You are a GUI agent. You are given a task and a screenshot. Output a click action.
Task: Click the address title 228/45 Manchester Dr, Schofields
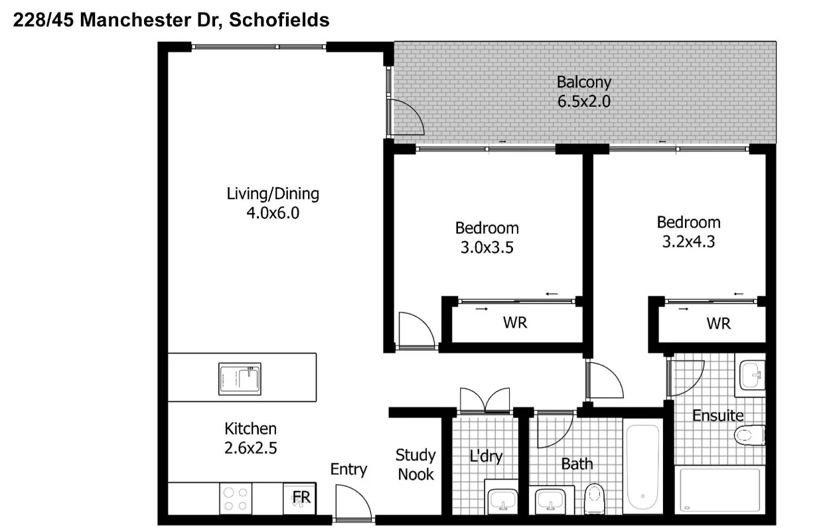click(x=171, y=20)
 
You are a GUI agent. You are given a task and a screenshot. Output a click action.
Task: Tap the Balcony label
click(x=583, y=82)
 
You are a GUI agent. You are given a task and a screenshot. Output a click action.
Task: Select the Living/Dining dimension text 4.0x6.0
click(x=273, y=213)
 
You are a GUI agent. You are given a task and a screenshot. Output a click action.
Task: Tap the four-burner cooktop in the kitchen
click(x=236, y=498)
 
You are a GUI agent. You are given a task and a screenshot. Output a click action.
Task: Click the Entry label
click(x=348, y=470)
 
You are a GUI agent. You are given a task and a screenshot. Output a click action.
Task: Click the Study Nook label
click(x=415, y=464)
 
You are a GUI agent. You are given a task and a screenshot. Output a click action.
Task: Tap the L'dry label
click(x=486, y=456)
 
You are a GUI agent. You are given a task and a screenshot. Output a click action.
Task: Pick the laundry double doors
click(x=485, y=401)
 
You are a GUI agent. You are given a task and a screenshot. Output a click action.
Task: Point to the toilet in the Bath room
click(x=594, y=496)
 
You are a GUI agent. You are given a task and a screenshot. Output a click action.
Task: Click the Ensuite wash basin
click(x=752, y=375)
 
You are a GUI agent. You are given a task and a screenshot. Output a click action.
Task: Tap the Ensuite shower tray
click(x=718, y=490)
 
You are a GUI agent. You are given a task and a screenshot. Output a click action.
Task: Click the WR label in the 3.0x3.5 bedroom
click(x=515, y=323)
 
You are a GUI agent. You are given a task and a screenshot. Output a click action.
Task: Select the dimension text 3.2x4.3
click(x=688, y=242)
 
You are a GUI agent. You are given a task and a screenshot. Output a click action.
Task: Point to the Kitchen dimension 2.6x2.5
click(x=250, y=448)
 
